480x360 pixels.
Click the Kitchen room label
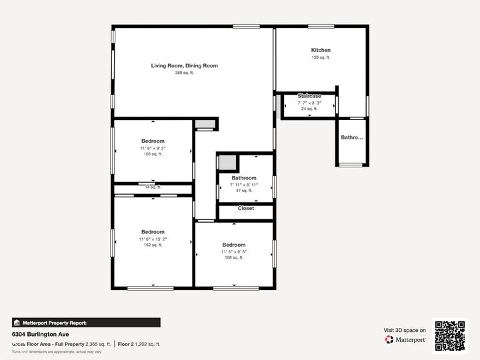click(x=321, y=50)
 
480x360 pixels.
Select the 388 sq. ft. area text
click(x=184, y=73)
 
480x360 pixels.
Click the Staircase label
click(x=309, y=96)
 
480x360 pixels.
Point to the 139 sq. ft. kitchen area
click(x=321, y=57)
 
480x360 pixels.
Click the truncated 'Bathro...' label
click(x=352, y=138)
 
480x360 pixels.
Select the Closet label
click(x=245, y=208)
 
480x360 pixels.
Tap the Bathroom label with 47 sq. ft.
click(x=244, y=178)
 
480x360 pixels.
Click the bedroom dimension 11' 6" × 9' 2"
click(x=152, y=147)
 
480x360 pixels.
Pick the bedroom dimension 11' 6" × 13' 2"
click(x=152, y=239)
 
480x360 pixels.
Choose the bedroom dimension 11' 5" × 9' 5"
click(x=234, y=251)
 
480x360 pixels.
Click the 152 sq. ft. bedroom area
click(x=152, y=245)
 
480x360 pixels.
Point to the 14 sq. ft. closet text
click(x=153, y=187)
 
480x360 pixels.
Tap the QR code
click(x=450, y=335)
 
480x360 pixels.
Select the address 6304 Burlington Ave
click(x=40, y=334)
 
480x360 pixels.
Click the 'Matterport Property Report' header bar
click(x=86, y=322)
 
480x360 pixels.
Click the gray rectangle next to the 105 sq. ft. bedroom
click(x=205, y=123)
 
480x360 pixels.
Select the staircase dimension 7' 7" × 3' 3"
click(x=309, y=103)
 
